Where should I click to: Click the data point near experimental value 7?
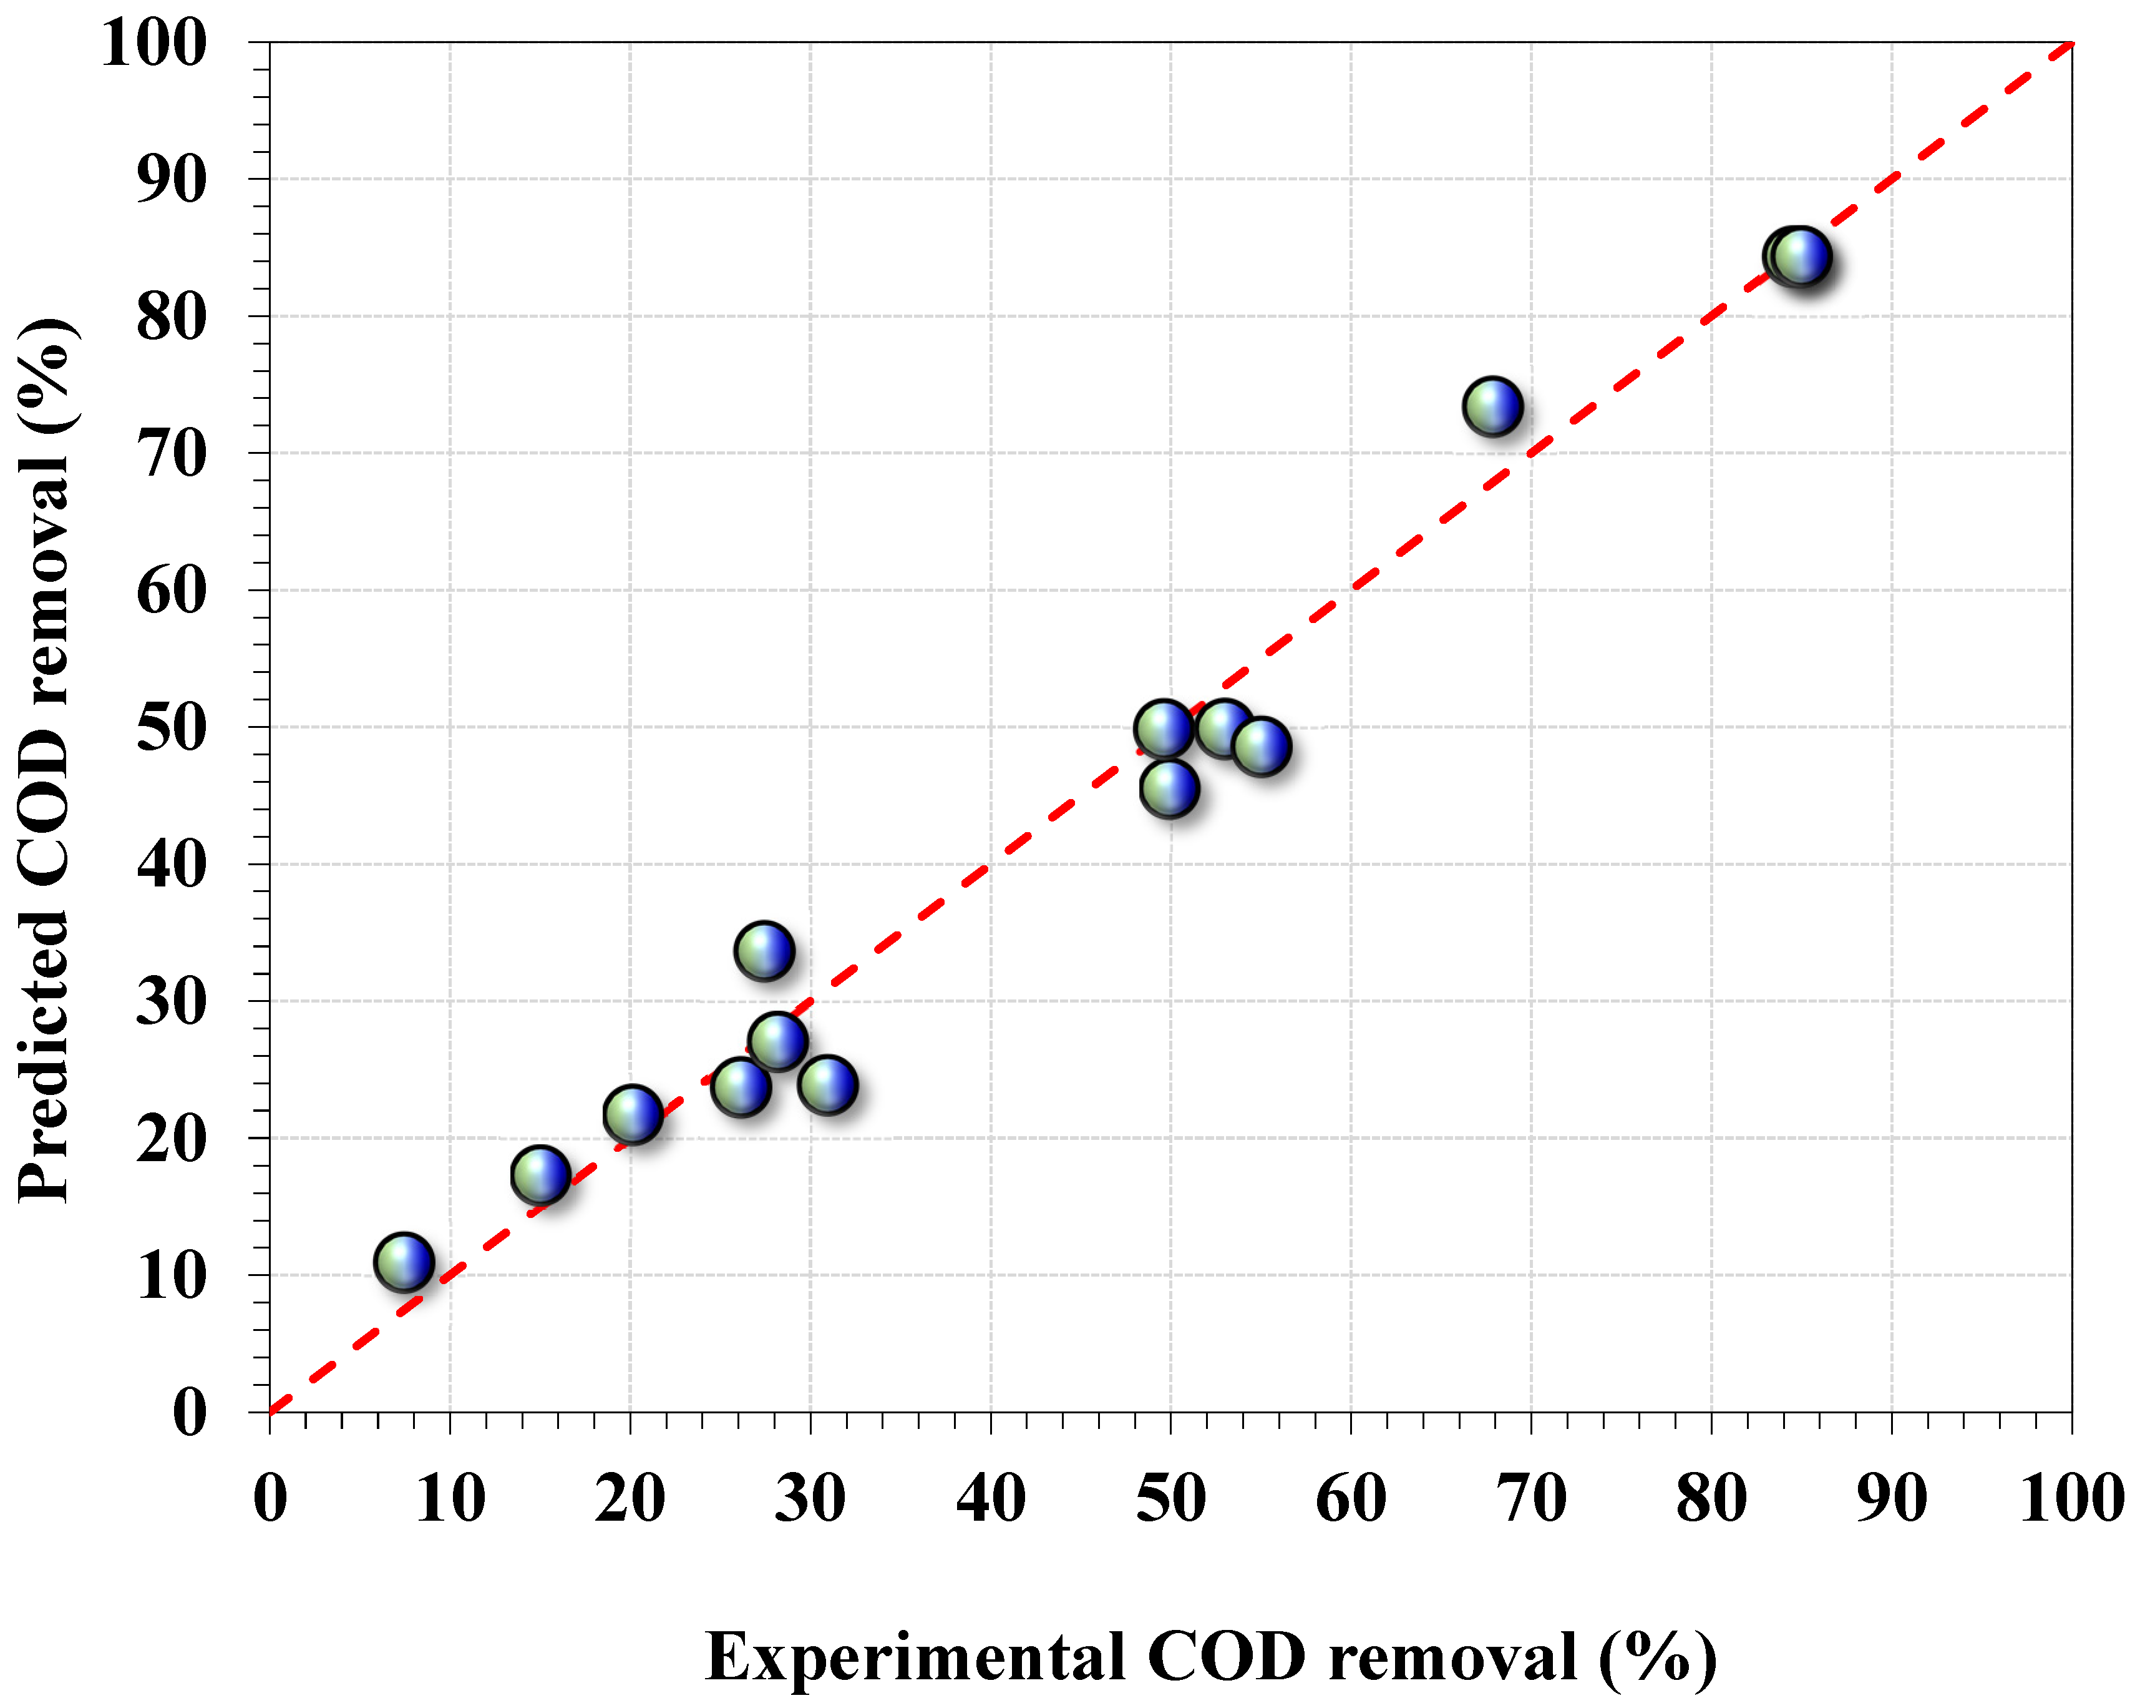(x=403, y=1262)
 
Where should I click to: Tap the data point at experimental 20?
(x=632, y=1114)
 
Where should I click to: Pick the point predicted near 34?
(x=764, y=951)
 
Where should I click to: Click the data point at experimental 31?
(x=827, y=1085)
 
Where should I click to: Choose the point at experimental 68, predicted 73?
(x=1491, y=406)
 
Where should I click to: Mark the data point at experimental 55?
(x=1261, y=746)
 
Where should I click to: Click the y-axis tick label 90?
(x=172, y=180)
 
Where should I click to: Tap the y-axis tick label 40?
(x=172, y=865)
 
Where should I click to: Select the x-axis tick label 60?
(x=1351, y=1499)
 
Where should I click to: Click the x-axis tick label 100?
(x=2071, y=1499)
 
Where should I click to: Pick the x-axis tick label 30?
(x=810, y=1499)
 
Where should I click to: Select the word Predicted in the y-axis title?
(x=44, y=1054)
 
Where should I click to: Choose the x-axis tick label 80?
(x=1711, y=1499)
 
